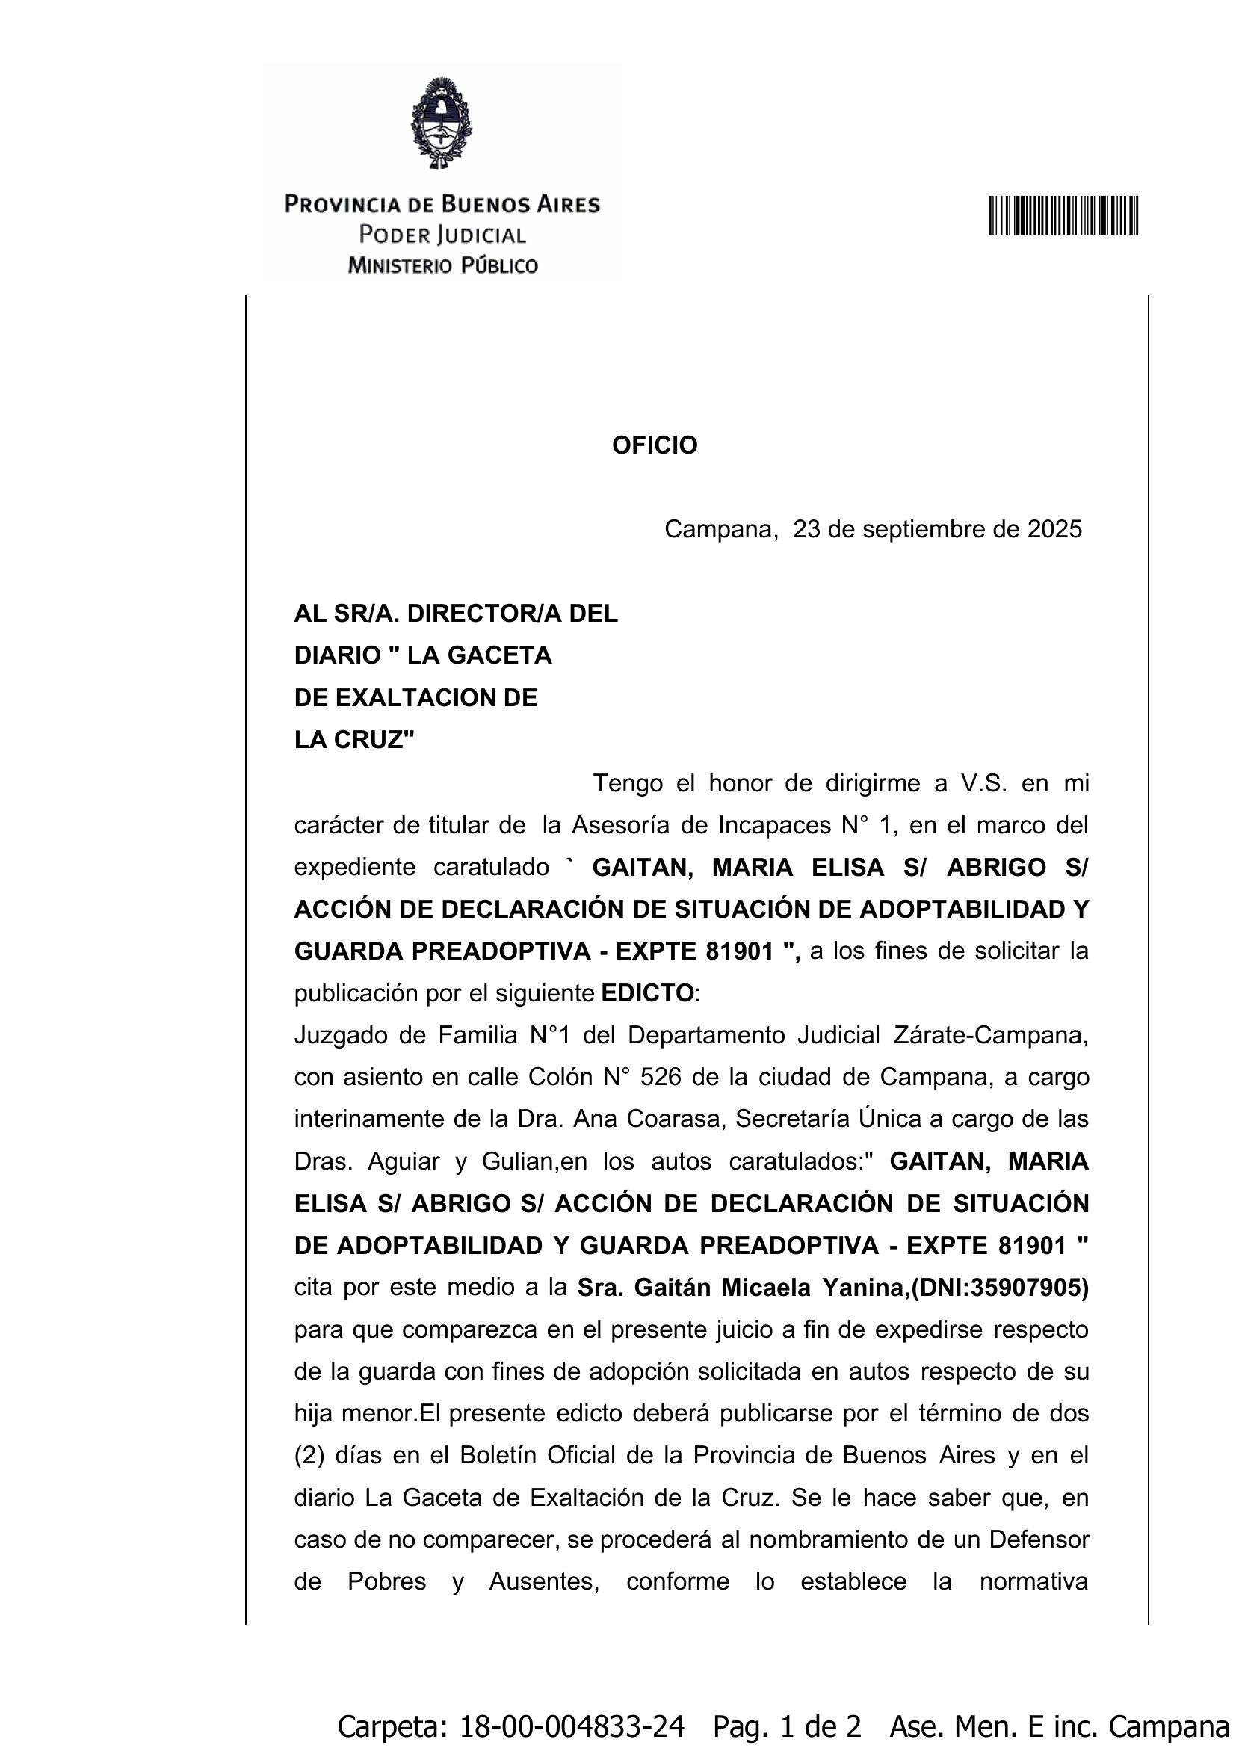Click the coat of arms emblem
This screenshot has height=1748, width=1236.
point(442,123)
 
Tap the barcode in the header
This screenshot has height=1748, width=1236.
point(1063,215)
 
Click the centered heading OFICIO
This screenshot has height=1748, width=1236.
point(655,445)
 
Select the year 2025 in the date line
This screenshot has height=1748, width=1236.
point(1054,529)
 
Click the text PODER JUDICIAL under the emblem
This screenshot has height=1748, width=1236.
point(442,235)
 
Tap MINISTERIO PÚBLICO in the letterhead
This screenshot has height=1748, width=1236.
point(442,266)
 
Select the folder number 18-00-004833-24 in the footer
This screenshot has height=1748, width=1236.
point(572,1725)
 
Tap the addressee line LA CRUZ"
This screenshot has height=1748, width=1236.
point(355,739)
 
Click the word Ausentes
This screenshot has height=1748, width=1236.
point(543,1581)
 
